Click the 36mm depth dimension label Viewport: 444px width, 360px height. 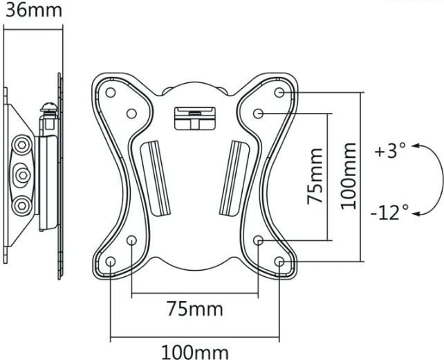(34, 10)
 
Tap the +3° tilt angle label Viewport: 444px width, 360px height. (390, 150)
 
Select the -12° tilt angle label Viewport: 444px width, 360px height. (389, 213)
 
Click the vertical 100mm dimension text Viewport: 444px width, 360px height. (349, 177)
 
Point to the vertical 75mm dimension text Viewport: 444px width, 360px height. (315, 176)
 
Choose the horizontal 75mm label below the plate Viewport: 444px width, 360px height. (194, 309)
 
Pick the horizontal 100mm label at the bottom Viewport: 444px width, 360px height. (195, 352)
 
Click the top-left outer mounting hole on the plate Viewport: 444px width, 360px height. (110, 92)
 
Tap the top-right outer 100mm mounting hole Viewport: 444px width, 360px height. (279, 92)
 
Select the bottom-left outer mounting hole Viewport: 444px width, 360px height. (110, 261)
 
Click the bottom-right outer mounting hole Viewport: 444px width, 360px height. (279, 262)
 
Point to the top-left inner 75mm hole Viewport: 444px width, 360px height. (131, 114)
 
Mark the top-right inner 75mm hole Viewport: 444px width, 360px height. (258, 114)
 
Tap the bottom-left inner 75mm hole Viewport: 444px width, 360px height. (131, 240)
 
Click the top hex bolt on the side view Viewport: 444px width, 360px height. (21, 145)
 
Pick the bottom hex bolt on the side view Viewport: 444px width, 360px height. (21, 205)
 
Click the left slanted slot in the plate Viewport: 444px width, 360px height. (156, 178)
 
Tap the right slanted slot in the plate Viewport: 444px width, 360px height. (234, 178)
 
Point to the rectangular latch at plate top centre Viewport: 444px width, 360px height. (195, 118)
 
